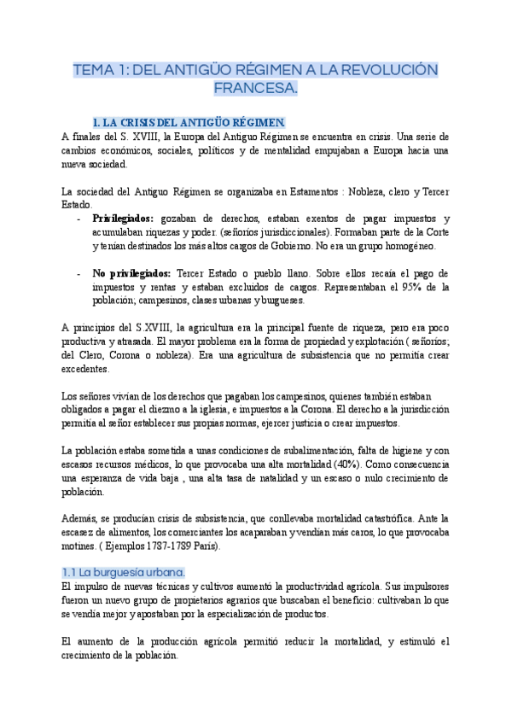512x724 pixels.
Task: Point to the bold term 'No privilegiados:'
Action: (131, 273)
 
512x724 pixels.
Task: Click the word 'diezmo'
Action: (199, 409)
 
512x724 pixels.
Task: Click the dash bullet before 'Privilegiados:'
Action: (79, 219)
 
